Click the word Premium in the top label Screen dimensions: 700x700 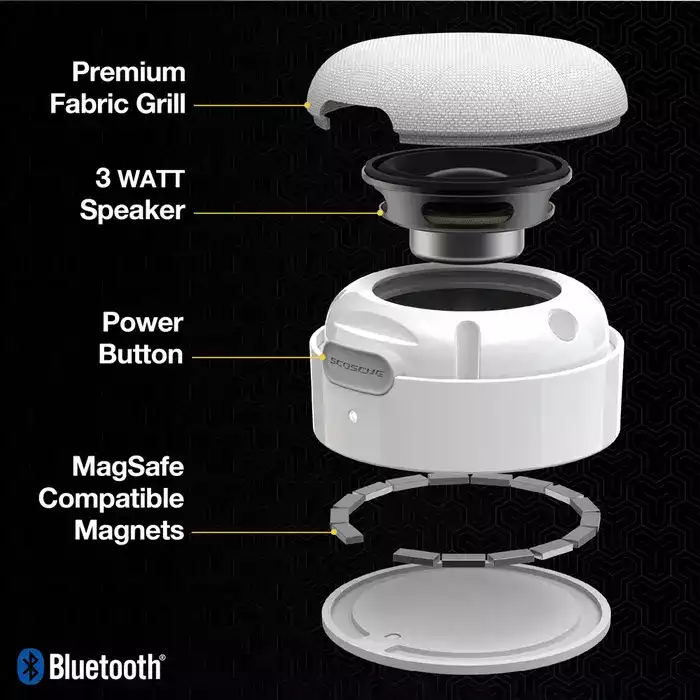point(128,73)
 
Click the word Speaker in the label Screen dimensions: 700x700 point(133,211)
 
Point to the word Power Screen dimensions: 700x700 point(142,323)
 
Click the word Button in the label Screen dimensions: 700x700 point(141,354)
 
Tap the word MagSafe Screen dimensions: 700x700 point(128,467)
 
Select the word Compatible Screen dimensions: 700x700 point(111,498)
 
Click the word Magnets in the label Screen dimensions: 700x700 point(130,529)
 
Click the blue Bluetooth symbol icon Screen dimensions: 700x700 point(30,665)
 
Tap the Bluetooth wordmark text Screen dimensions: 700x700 point(105,666)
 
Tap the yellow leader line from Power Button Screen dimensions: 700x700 point(255,355)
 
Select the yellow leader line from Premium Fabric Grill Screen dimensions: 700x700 point(250,103)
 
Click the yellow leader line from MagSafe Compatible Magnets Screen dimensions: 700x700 point(262,530)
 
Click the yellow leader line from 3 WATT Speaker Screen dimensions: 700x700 point(285,211)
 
